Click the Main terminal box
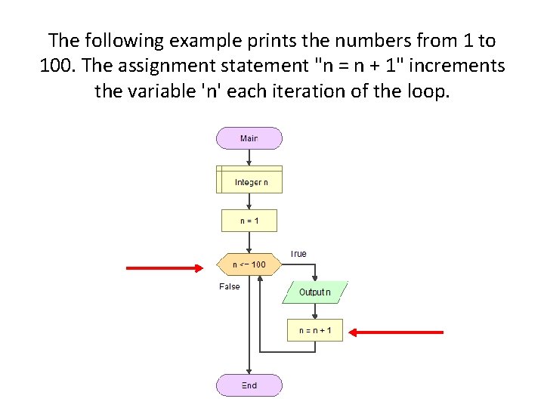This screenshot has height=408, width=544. coord(249,138)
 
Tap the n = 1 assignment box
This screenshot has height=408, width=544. coord(249,221)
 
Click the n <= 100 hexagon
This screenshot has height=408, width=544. coord(249,264)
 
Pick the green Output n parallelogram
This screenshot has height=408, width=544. coord(315,292)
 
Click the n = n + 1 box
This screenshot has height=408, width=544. coord(315,330)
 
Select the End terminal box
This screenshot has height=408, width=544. coord(249,385)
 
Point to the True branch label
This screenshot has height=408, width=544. coord(298,254)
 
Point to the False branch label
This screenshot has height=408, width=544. coord(230,286)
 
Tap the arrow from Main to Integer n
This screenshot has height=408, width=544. coord(249,157)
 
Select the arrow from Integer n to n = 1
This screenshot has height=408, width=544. coord(249,201)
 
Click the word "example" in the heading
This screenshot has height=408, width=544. coord(199,41)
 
